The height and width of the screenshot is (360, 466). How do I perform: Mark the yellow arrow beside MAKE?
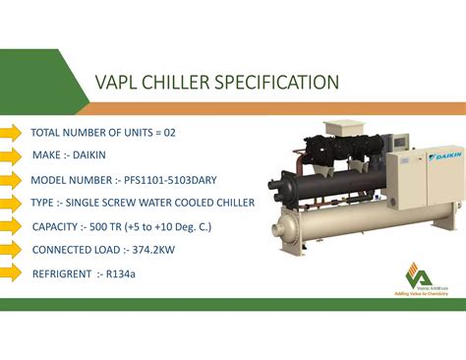[x=12, y=155]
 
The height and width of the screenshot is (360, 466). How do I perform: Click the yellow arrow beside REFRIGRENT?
[x=12, y=272]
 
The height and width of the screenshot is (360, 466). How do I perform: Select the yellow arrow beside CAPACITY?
[x=12, y=226]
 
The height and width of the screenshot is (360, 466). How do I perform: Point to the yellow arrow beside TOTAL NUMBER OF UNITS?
[x=12, y=132]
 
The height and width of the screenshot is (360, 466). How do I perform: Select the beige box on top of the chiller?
[x=343, y=127]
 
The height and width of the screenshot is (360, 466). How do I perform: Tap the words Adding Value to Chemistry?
[x=421, y=292]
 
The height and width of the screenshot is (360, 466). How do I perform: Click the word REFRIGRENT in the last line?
[x=62, y=273]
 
